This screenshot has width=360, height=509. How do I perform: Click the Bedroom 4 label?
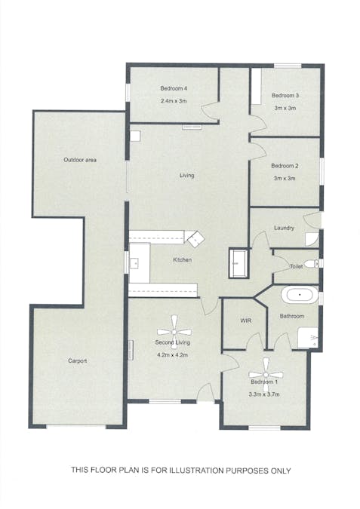click(x=174, y=88)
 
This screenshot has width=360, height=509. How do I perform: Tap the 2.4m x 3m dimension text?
click(x=174, y=101)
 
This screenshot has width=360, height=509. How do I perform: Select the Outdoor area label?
click(x=80, y=160)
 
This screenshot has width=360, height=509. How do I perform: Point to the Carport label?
click(x=77, y=360)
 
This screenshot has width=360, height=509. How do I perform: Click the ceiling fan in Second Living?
click(x=174, y=332)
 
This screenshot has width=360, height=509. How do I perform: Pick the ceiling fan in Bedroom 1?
click(x=266, y=375)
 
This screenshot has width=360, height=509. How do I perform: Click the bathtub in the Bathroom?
click(x=300, y=295)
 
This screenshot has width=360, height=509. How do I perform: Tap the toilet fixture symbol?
click(x=312, y=264)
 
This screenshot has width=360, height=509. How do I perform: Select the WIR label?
click(x=245, y=320)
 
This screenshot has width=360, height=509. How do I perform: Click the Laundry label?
click(x=284, y=228)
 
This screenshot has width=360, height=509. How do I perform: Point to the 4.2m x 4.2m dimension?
click(x=173, y=355)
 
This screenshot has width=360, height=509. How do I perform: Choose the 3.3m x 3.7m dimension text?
click(x=264, y=394)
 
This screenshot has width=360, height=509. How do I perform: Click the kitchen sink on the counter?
click(x=134, y=262)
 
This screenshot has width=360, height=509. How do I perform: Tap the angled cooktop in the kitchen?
click(x=195, y=239)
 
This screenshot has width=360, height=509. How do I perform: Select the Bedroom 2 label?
click(x=285, y=166)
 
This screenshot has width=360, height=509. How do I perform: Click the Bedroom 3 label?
click(x=285, y=96)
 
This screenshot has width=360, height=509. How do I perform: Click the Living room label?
click(x=187, y=175)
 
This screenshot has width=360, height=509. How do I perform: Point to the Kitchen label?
click(x=183, y=259)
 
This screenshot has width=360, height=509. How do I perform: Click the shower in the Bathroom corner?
click(x=308, y=338)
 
